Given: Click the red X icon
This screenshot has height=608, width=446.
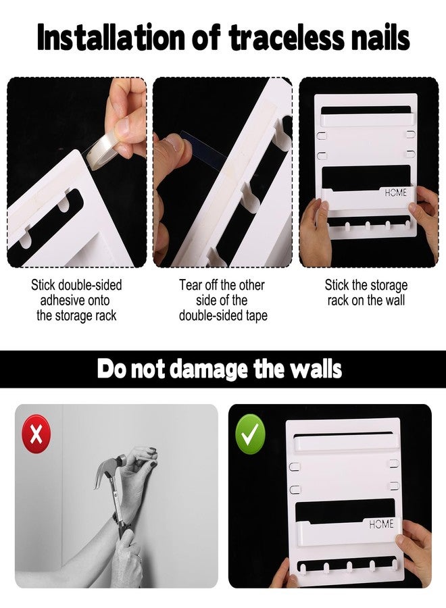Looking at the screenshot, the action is [x=36, y=434].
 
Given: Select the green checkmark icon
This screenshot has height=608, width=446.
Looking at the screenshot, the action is [x=251, y=434].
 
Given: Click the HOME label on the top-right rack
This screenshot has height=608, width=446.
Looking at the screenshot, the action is [x=396, y=193].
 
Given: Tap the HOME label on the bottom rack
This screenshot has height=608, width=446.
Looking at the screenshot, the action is [x=381, y=524].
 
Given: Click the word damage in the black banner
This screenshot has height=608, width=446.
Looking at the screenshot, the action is [x=209, y=369].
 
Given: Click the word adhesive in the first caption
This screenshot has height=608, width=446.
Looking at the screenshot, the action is [x=59, y=301].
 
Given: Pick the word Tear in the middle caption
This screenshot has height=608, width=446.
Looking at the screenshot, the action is [x=191, y=285].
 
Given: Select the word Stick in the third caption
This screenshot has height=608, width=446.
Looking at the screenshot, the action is [x=337, y=285].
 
